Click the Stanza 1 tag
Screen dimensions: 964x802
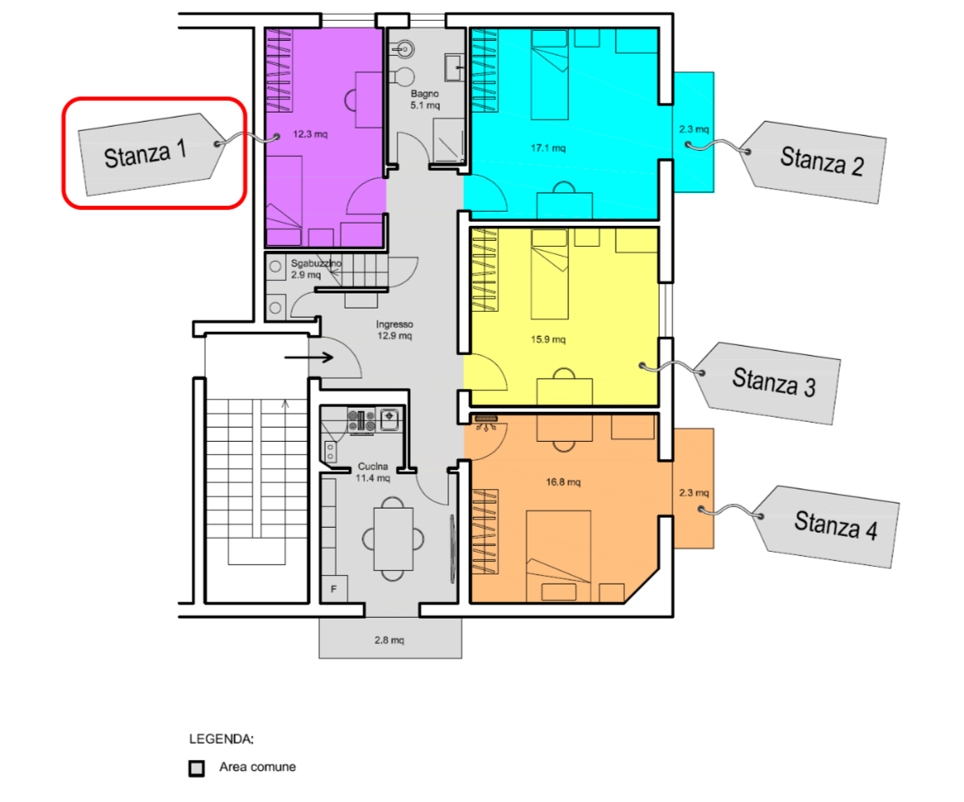point(151,153)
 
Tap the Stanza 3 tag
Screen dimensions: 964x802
point(767,383)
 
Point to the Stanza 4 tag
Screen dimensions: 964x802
point(826,526)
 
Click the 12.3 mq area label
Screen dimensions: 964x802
point(310,134)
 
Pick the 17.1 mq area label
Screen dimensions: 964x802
point(547,148)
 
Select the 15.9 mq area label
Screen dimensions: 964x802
point(547,339)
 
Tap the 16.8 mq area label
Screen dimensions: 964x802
point(563,482)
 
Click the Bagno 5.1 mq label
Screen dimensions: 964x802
point(425,100)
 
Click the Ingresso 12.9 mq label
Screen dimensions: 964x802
point(395,329)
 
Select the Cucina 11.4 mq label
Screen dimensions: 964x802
point(372,473)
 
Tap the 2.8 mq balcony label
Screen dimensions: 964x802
point(389,640)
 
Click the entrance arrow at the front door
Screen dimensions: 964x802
point(308,357)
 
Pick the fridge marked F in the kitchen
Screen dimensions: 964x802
point(334,589)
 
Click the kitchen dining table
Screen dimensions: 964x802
point(393,539)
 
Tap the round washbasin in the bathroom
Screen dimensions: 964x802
point(405,48)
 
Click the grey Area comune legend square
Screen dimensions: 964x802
point(197,768)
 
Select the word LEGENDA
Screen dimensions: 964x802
point(222,739)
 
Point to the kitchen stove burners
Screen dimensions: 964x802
point(362,420)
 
